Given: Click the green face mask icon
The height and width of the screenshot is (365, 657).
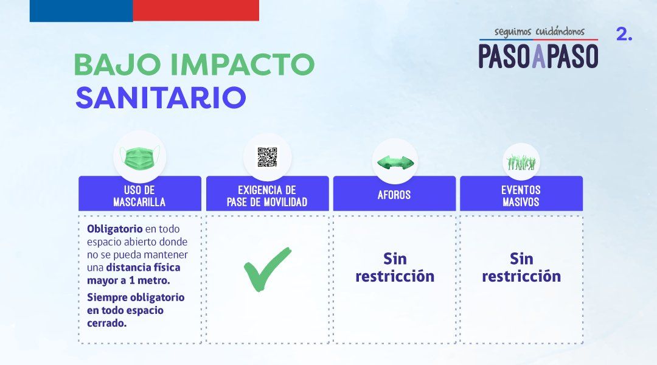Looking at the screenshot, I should (x=139, y=158).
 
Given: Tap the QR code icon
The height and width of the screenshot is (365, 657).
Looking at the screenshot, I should (x=267, y=157).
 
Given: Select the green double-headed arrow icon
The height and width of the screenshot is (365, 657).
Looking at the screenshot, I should (x=395, y=162).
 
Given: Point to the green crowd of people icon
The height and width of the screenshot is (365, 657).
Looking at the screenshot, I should (x=521, y=162).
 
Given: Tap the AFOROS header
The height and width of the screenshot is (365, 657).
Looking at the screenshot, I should (x=394, y=195).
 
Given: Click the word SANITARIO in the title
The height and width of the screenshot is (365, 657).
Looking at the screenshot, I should (x=161, y=98).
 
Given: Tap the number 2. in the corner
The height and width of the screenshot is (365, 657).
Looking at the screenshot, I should (x=624, y=35).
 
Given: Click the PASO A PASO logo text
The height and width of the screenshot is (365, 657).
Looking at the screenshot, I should (x=538, y=55).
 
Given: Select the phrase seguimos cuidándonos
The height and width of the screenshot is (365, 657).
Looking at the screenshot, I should (x=539, y=31).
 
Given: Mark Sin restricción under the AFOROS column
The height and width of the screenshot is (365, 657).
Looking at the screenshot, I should (x=395, y=268).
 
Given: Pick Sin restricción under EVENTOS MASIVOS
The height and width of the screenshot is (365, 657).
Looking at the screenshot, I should (x=521, y=268).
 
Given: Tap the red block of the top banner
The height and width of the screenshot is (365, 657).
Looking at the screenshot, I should (x=196, y=10).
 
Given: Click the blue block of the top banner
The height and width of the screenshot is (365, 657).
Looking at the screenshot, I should (x=81, y=10).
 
